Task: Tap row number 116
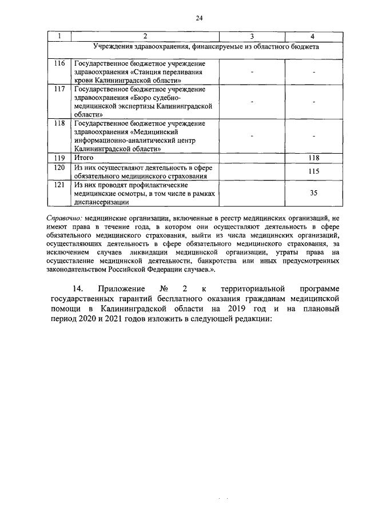59,63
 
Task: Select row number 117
59,90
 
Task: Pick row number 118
59,123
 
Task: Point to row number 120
59,168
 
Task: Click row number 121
59,185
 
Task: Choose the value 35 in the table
313,193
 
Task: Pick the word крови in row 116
84,81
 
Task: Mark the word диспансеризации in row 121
101,202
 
